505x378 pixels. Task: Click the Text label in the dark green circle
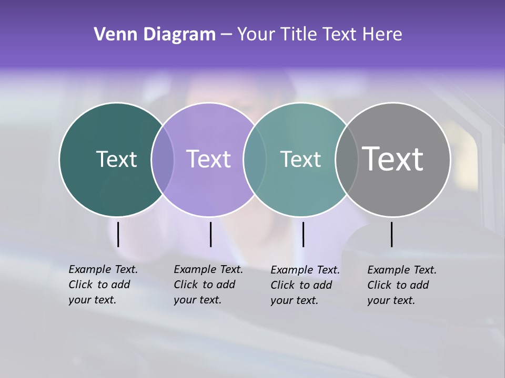tap(116, 159)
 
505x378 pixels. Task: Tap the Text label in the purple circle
tap(209, 159)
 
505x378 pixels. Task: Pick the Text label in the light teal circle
tap(300, 159)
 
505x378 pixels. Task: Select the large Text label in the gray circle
tap(393, 159)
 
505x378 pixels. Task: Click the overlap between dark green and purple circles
tap(163, 160)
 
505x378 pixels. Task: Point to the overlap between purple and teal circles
tap(255, 160)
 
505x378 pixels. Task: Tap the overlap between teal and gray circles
tap(347, 160)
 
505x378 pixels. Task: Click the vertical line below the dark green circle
tap(118, 234)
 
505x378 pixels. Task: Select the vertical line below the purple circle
tap(210, 234)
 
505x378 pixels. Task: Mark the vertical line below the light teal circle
tap(303, 234)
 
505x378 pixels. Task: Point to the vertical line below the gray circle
tap(392, 234)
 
